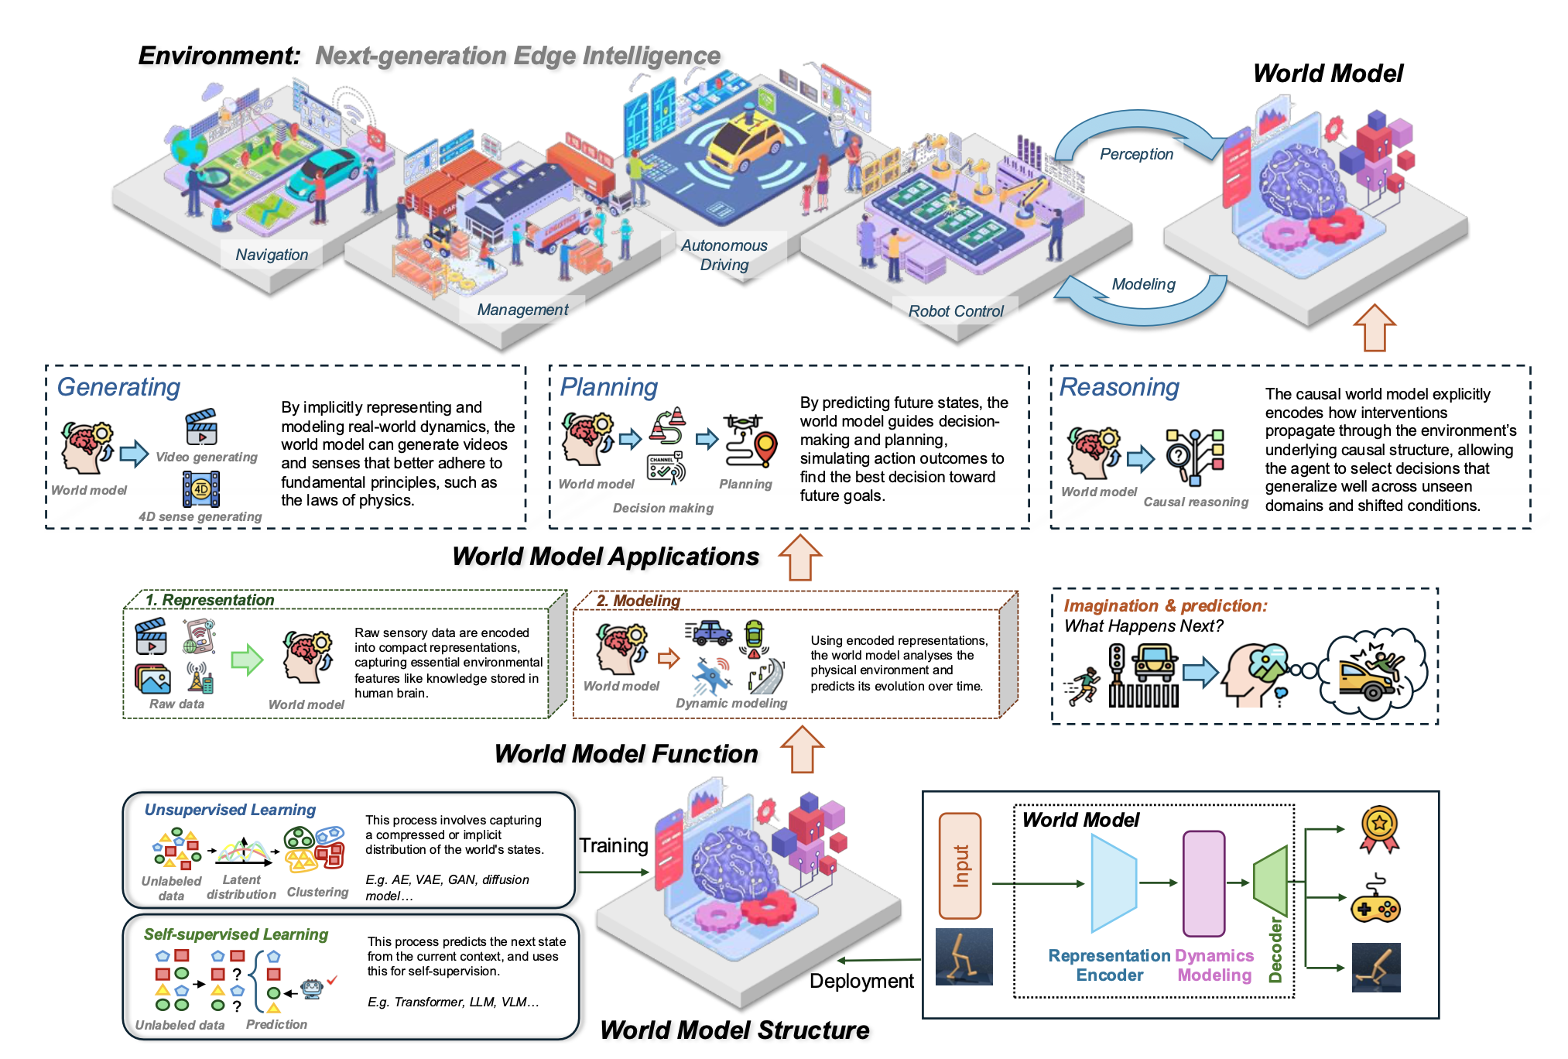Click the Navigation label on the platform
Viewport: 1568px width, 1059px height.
272,255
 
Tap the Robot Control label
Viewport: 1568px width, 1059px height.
955,311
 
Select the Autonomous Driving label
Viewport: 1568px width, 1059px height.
724,255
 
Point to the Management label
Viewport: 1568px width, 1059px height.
522,310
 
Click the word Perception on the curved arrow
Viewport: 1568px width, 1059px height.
1136,154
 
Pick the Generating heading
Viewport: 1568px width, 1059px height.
118,387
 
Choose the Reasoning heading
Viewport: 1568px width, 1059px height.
1119,387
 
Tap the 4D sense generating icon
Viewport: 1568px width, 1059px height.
201,489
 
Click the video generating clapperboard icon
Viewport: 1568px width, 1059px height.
201,427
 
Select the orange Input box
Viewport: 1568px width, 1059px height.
960,865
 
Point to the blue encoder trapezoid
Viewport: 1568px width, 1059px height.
1113,882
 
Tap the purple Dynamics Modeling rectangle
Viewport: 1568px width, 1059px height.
1203,883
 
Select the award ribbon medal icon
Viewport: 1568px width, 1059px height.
1379,829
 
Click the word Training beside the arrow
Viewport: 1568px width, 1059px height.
614,845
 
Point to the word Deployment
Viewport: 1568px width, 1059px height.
861,981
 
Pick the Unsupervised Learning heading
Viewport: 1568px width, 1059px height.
230,810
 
